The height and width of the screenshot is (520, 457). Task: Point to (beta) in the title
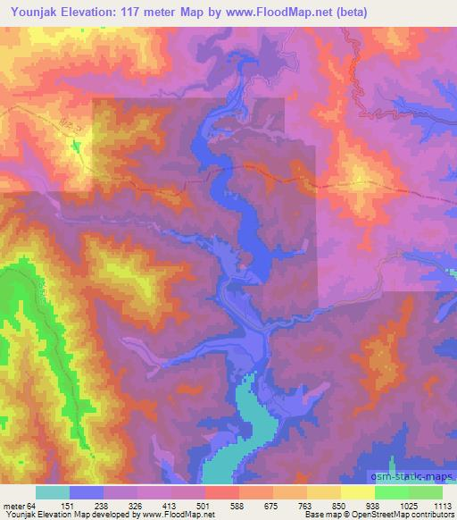click(347, 13)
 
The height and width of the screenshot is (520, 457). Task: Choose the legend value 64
click(33, 505)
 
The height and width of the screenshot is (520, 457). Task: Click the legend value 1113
click(444, 505)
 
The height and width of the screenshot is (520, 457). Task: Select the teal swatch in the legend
click(53, 492)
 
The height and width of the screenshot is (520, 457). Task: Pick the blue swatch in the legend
click(87, 492)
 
